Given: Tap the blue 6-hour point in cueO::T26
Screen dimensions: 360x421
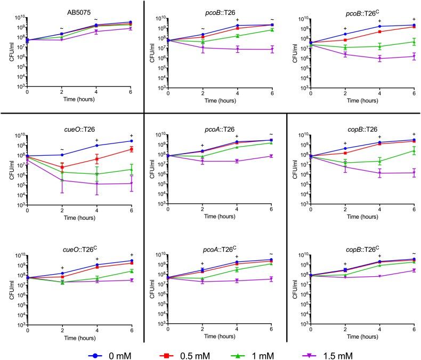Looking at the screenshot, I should coord(131,141).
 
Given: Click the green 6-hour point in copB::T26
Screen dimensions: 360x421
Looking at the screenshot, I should coord(412,150).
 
